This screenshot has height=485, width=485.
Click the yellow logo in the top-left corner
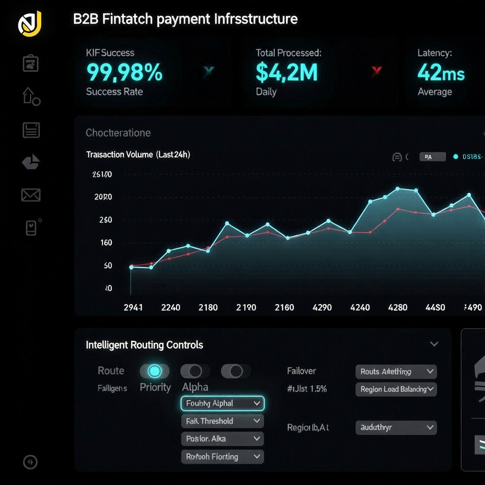[30, 24]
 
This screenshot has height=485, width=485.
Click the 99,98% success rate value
[125, 72]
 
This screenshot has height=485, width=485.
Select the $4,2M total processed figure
[287, 72]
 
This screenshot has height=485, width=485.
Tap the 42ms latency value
[441, 72]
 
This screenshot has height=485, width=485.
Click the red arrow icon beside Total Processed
[377, 72]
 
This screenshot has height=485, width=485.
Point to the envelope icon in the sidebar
[31, 195]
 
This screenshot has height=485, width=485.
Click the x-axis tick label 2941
[133, 307]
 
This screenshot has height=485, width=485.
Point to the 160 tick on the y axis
[106, 243]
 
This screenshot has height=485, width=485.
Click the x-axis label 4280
[398, 307]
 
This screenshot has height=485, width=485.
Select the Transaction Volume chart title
[138, 154]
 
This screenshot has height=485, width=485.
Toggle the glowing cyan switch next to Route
[154, 371]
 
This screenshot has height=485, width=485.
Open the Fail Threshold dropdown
[222, 421]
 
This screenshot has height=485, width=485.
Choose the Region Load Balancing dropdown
[396, 389]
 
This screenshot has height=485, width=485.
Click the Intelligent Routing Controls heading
[144, 345]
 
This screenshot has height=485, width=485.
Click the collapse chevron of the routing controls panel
[434, 344]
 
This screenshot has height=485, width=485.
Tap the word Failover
[301, 371]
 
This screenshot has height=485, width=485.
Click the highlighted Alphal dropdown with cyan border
[222, 404]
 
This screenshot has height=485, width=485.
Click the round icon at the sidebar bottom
[30, 462]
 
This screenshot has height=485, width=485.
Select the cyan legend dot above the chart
[456, 157]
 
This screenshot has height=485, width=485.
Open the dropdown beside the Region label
[396, 428]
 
